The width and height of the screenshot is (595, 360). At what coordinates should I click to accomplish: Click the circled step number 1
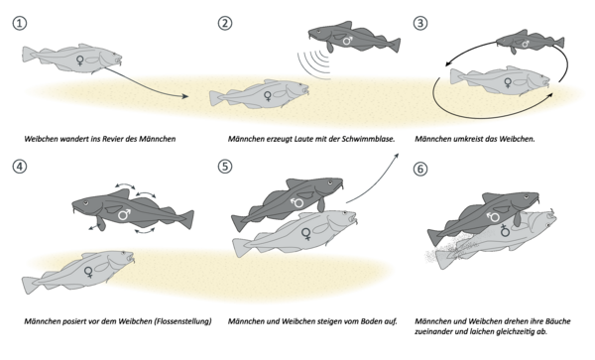pos(20,23)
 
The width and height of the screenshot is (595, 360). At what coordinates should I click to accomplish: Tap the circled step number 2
pos(225,23)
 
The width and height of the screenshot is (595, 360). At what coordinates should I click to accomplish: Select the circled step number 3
pos(420,23)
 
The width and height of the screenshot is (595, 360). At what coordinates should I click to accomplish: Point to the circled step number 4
pos(20,167)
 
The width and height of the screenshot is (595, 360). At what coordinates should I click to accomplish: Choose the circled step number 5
pos(225,167)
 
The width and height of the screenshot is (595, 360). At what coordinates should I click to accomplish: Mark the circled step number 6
pos(420,169)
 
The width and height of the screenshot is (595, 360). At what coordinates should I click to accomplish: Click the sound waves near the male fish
pos(315,63)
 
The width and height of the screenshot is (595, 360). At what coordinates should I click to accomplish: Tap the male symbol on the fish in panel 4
pos(124,214)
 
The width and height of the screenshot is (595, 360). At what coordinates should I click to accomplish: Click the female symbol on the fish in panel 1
pos(80,60)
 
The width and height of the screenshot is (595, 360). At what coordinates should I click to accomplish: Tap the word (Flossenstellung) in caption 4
pos(182,321)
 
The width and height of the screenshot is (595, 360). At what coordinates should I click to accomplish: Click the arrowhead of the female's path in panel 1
pos(184,96)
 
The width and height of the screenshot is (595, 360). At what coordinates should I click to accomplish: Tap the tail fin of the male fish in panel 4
pos(186,219)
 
